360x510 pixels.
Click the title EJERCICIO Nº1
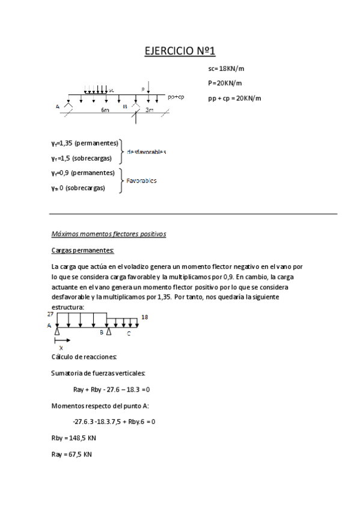pos(180,51)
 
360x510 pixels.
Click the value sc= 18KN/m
pos(225,69)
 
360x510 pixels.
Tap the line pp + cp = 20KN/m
pos(235,98)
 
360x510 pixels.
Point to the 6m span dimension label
pos(105,111)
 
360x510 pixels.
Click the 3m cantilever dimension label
pos(150,111)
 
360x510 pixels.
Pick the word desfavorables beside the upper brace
pos(147,152)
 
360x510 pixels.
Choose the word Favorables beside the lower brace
pos(142,180)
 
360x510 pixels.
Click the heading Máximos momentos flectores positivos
pos(109,234)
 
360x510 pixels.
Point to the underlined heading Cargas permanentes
pos(83,250)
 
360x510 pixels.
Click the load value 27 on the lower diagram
pos(50,314)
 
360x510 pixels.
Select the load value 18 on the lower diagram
pos(144,317)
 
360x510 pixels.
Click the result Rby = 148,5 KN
pos(72,438)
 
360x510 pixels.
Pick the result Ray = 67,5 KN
pos(72,454)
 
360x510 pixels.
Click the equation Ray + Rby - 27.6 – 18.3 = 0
pos(111,390)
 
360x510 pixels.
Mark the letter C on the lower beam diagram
pos(128,332)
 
